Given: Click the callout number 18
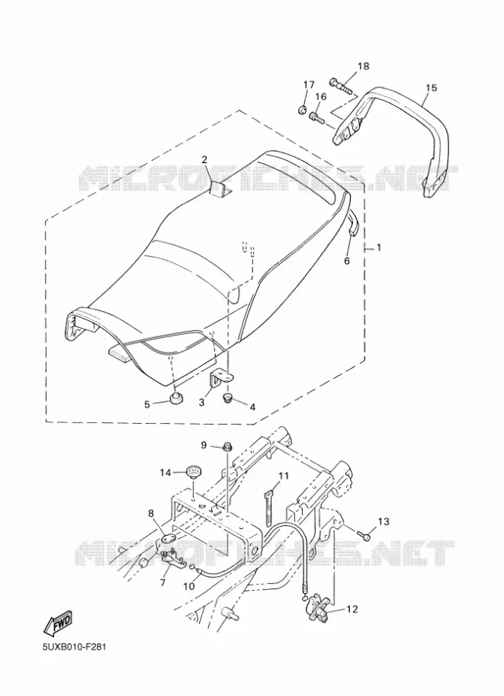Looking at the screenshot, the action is (363, 67).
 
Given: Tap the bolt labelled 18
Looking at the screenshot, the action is (341, 86).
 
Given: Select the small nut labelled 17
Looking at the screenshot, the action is (302, 109).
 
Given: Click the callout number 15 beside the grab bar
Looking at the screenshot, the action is (430, 87).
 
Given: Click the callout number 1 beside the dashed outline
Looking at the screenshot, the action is (379, 247).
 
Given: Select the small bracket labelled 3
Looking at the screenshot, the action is (221, 377).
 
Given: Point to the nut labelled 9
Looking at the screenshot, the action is (227, 446).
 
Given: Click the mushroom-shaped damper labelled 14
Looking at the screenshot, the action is (194, 470).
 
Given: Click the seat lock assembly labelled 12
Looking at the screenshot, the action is (317, 606).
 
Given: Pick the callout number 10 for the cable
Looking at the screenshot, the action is (189, 586).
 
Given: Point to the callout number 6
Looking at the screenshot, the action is (347, 261).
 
